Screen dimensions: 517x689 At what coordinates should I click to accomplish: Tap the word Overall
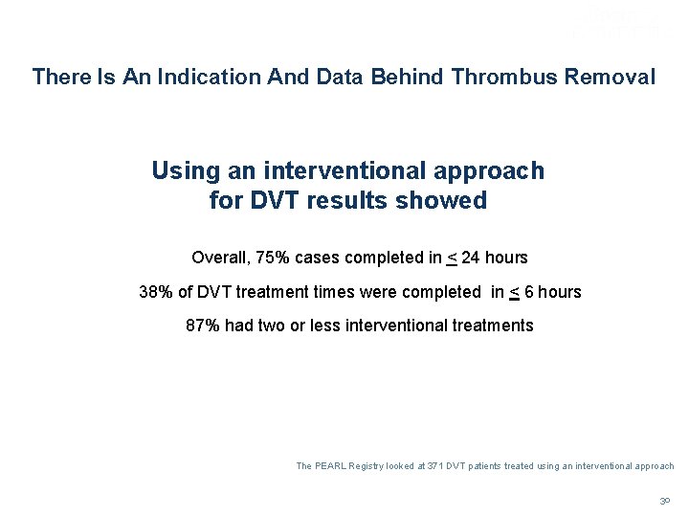219,258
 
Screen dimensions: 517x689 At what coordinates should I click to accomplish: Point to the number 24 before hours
473,258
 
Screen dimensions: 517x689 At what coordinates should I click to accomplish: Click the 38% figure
155,292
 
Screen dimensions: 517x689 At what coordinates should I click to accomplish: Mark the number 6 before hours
525,292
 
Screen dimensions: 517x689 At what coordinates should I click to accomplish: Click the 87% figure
203,326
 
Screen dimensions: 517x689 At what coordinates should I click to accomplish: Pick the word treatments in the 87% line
491,326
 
